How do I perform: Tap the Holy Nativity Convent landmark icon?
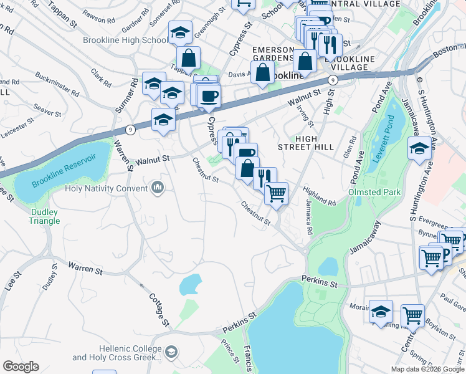[x=158, y=188]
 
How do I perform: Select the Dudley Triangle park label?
[x=45, y=216]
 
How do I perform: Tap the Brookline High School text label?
[x=125, y=40]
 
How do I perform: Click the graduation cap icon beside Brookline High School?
[x=180, y=32]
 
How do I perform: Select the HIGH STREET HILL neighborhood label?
[x=315, y=142]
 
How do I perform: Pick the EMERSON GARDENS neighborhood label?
[x=272, y=54]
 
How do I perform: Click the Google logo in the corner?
[x=21, y=367]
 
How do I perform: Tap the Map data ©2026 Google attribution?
[x=427, y=369]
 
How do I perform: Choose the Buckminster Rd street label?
[x=57, y=85]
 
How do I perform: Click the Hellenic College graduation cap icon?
[x=170, y=353]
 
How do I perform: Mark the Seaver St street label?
[x=47, y=111]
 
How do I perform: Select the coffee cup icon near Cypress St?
[x=209, y=95]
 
